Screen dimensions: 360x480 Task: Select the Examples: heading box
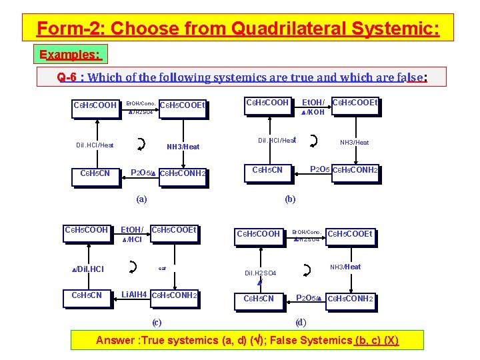[x=70, y=54]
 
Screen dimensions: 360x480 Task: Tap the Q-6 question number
[x=67, y=77]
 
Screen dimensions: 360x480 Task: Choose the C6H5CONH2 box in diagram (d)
[x=350, y=299]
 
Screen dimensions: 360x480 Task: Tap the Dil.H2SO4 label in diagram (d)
[x=260, y=273]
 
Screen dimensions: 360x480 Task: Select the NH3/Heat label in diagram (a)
[x=183, y=147]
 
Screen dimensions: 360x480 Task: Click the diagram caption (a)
[x=141, y=199]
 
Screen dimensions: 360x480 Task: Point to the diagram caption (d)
[x=301, y=323]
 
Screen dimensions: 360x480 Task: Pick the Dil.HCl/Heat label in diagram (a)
[x=95, y=145]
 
